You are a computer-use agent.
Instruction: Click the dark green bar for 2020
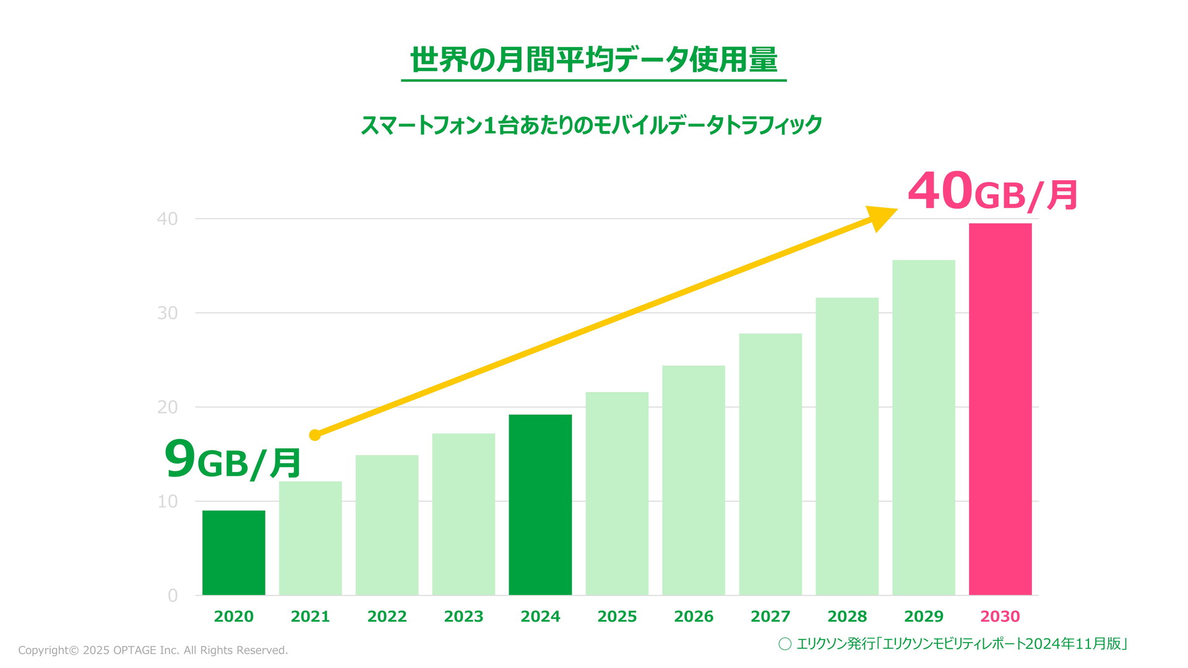point(233,552)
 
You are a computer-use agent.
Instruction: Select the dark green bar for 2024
point(540,505)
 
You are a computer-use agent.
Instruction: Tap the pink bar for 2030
point(1000,409)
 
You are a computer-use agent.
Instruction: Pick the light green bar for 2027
point(770,464)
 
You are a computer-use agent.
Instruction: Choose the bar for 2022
point(387,525)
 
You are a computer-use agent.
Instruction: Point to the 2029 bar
point(923,427)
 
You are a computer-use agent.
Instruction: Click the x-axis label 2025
point(617,617)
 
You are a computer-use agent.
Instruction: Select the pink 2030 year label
point(1000,617)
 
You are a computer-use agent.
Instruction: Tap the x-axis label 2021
point(310,617)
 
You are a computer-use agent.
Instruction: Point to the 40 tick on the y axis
point(167,219)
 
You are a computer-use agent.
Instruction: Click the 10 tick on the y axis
point(167,502)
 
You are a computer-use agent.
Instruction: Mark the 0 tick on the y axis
point(173,596)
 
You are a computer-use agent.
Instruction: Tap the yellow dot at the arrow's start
point(314,435)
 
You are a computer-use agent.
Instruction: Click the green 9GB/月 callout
point(233,460)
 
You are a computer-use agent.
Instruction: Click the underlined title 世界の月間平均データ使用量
point(593,60)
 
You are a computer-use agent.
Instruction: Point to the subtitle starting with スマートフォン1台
point(591,125)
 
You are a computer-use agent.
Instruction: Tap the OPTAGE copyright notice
point(153,650)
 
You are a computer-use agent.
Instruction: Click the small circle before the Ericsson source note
point(785,644)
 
